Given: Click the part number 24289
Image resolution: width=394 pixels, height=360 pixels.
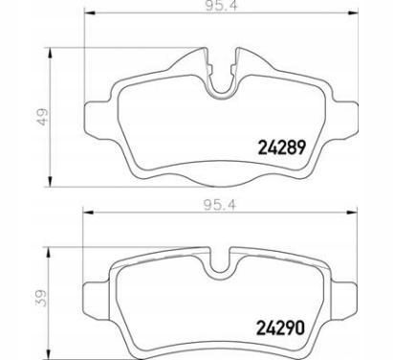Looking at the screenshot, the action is [x=281, y=147].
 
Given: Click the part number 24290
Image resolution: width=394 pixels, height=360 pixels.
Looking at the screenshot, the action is [x=281, y=327].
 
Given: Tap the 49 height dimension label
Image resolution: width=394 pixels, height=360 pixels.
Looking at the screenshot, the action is [x=42, y=117].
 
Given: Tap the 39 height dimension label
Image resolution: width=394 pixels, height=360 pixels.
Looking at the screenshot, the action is [x=41, y=298].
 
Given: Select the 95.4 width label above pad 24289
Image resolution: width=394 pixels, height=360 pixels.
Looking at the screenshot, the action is [x=222, y=6].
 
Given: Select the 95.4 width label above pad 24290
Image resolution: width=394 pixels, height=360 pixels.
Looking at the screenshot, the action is [x=220, y=205].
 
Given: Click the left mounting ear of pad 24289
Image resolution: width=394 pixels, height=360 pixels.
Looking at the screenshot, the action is [x=98, y=120].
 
